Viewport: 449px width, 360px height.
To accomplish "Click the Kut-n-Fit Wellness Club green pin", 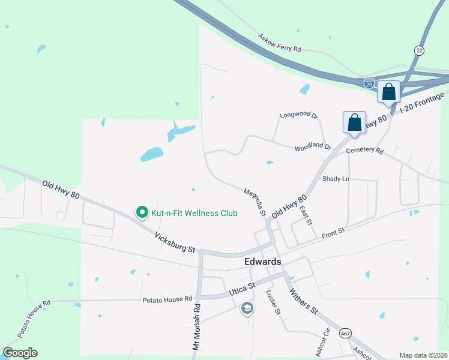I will (x=142, y=212).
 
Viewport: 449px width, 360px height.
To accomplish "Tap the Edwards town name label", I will (x=262, y=262).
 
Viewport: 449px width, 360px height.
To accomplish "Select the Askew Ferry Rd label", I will (x=279, y=43).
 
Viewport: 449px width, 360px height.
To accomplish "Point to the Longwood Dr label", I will (x=298, y=115).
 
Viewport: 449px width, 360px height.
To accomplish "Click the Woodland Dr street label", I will (x=312, y=146).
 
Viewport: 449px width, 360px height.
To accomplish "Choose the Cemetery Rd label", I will (x=364, y=151).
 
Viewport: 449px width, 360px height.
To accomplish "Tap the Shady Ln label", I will (x=336, y=179).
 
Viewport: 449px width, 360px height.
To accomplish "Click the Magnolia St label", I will (x=255, y=202).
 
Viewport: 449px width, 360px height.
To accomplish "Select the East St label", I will (x=306, y=215).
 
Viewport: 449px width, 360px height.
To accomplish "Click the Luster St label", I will (x=273, y=302).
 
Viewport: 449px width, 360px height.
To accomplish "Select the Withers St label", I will (x=303, y=301).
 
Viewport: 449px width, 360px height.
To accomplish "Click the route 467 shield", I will (x=346, y=334).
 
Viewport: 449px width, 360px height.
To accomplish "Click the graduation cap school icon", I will (x=247, y=308).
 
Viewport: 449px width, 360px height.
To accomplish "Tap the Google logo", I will (x=20, y=353).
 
